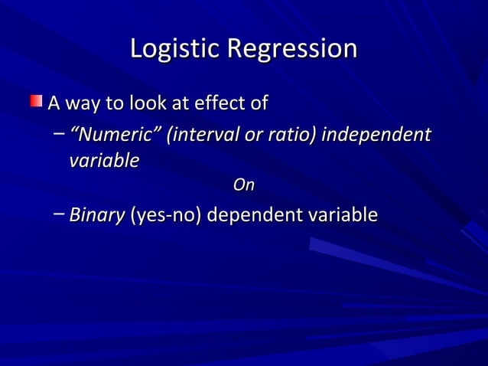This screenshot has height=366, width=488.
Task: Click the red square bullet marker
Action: click(x=37, y=101)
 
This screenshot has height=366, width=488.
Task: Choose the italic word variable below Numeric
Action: click(x=104, y=162)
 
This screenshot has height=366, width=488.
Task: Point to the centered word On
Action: click(x=243, y=185)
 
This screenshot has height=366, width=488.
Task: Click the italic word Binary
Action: click(x=97, y=215)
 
